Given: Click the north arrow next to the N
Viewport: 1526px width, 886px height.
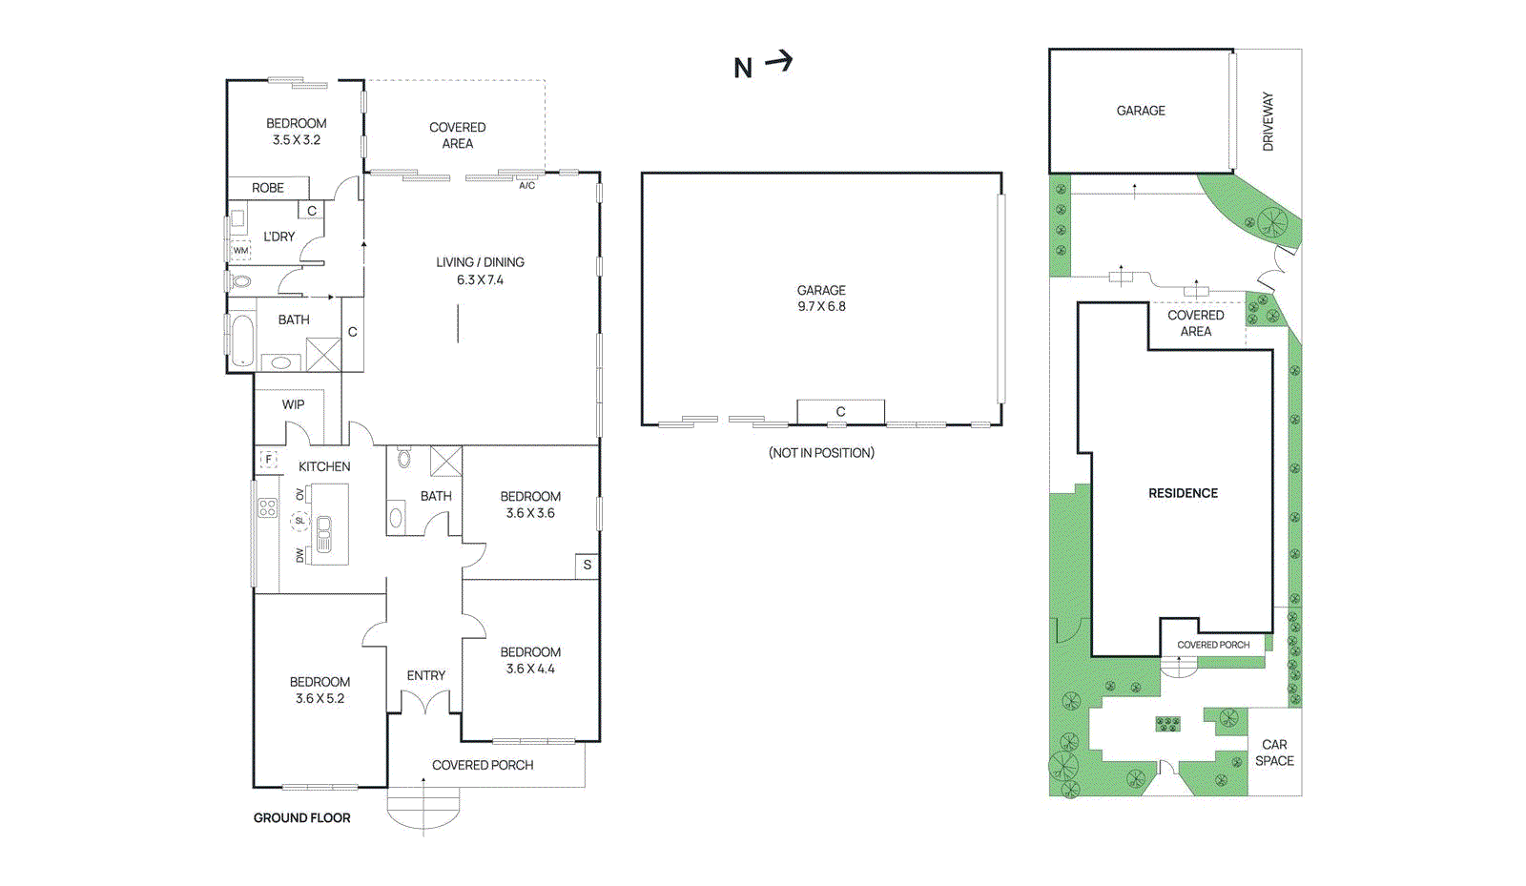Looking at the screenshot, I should [779, 62].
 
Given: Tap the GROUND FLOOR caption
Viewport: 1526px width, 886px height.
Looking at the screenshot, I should [301, 817].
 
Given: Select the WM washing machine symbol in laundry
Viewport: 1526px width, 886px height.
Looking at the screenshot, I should [240, 251].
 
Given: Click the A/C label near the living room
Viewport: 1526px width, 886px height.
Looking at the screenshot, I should [527, 186].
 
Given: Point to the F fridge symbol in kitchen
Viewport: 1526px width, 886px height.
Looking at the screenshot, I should [269, 459].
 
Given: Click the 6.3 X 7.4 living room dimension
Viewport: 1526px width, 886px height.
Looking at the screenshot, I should [480, 279].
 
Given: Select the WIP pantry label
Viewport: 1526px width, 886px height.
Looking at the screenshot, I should [293, 404].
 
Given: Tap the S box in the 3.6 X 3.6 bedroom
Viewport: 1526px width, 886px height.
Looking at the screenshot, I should [587, 565].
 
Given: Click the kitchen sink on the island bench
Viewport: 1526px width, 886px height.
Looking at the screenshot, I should [323, 534].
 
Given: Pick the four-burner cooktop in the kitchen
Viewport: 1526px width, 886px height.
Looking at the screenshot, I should [267, 507].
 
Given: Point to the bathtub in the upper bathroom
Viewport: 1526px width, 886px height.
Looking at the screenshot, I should [242, 340].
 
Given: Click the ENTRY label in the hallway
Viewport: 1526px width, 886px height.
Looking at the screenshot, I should [425, 675].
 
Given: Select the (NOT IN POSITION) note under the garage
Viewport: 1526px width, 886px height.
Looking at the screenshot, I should [821, 453].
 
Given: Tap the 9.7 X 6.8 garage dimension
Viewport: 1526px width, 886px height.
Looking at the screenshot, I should [821, 306].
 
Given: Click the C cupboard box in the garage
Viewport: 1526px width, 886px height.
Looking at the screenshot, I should [840, 412].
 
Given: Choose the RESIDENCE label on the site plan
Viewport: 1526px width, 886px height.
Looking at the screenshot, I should [1183, 493].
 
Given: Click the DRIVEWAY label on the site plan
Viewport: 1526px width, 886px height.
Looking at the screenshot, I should [1268, 121].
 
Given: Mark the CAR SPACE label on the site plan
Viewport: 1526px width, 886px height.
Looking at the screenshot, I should [1274, 752].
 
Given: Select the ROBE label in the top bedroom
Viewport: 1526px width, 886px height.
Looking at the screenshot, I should [268, 188].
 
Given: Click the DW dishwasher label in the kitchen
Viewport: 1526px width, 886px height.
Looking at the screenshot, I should [299, 554].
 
